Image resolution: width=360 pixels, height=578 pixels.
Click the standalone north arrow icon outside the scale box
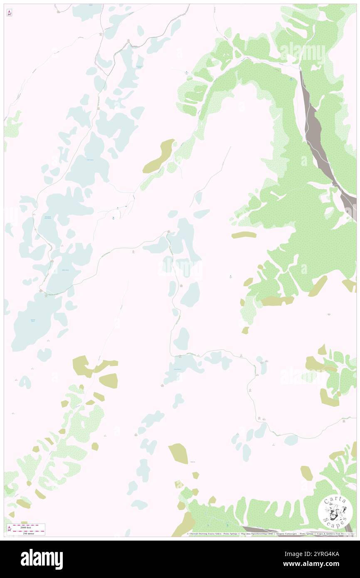[x=9, y=13]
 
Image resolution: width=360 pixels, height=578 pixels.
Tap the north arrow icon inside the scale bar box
[x=9, y=529]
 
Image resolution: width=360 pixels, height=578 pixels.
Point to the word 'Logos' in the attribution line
[x=320, y=534]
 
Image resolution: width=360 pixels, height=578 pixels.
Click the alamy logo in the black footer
[x=42, y=558]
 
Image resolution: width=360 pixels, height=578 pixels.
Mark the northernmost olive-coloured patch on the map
[x=159, y=156]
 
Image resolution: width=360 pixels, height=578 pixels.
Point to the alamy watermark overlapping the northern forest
[x=302, y=53]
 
